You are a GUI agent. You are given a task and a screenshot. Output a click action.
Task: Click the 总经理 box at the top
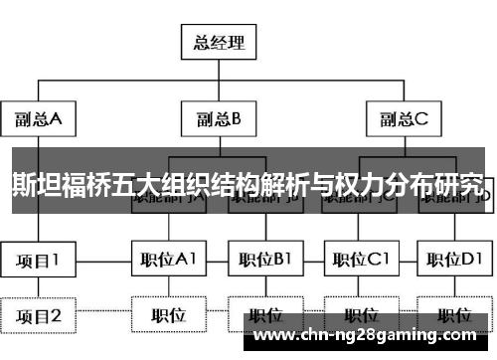(219, 43)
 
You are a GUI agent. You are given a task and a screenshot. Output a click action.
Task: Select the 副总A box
(39, 121)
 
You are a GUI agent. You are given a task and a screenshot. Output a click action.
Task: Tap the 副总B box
(220, 121)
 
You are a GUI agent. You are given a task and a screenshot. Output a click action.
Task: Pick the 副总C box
(402, 121)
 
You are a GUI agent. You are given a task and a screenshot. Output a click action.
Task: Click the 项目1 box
(39, 261)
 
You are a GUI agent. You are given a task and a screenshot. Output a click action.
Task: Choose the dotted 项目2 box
(39, 316)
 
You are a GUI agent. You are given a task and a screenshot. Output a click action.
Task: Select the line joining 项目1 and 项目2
(39, 288)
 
